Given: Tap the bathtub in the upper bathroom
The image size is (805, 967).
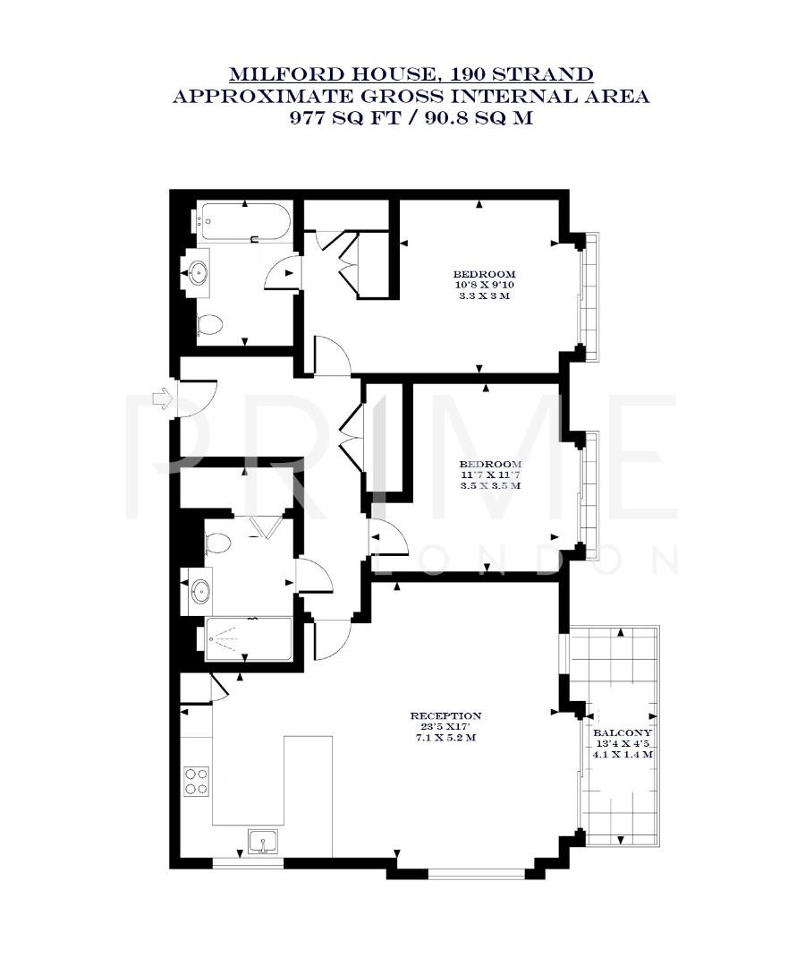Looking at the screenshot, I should click(244, 222).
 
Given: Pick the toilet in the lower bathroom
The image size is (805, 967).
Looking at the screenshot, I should click(217, 542).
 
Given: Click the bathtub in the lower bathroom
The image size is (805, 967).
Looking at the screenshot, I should click(247, 639).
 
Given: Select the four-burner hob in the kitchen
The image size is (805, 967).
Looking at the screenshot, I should click(196, 781).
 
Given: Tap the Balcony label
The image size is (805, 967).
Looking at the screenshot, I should click(623, 732).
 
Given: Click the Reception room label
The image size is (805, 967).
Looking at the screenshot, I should click(445, 715).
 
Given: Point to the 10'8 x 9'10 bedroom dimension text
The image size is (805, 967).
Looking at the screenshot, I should click(484, 285).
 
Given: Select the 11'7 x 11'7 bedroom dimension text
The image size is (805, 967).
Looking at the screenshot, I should click(490, 475).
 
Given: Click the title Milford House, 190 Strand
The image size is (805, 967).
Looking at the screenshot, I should click(411, 74).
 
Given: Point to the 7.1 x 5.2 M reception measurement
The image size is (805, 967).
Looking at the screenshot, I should click(444, 739).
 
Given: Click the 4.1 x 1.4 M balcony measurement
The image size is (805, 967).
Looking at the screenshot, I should click(623, 755).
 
